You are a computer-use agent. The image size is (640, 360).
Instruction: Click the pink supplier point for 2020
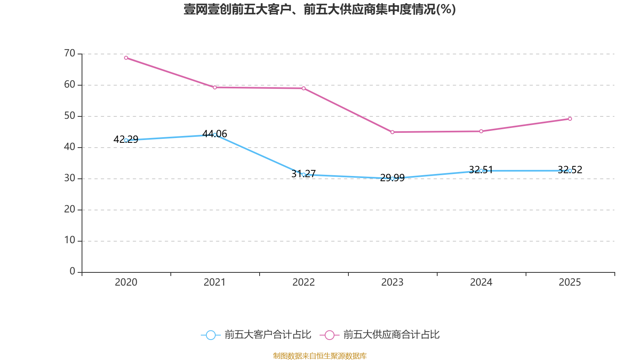126,58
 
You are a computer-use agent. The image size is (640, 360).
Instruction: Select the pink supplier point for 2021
215,87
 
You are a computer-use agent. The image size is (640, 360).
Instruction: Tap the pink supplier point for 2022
304,88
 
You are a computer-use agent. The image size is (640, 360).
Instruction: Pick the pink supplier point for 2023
392,132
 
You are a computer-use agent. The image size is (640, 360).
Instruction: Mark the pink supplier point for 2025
570,119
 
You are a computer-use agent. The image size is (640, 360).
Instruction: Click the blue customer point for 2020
126,140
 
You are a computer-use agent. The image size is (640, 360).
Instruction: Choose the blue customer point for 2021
215,135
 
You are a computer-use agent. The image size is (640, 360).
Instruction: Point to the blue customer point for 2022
304,174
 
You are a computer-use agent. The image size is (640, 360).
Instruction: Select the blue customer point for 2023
392,178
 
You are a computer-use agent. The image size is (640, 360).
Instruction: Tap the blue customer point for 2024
481,171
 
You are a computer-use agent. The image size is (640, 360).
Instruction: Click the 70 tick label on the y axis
70,53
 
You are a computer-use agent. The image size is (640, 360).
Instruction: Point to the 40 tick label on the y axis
70,147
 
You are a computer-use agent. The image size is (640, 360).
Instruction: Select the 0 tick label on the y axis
72,271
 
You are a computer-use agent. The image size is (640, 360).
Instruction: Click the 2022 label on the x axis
304,282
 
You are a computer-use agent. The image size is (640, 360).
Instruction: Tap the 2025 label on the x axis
570,282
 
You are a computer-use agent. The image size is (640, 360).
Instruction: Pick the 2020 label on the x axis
126,282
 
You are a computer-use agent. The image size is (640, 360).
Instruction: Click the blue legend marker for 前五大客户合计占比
210,335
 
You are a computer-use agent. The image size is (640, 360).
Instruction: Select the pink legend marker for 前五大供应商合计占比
330,335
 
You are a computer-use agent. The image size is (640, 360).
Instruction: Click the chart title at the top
320,9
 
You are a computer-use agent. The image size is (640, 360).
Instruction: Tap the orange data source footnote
320,356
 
